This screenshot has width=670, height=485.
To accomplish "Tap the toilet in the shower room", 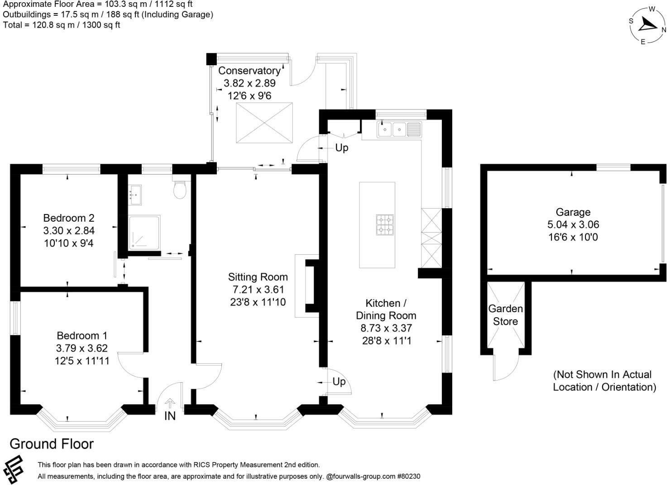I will [x=180, y=190].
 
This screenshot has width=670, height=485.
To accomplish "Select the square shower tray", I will [x=144, y=232].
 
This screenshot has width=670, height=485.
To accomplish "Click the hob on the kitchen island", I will [x=385, y=225].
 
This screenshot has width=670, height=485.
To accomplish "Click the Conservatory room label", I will [x=249, y=71].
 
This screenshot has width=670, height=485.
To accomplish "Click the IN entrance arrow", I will [x=170, y=404].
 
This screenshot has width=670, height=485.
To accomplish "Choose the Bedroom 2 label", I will [x=69, y=218].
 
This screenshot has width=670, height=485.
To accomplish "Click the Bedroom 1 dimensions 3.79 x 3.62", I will [x=82, y=348].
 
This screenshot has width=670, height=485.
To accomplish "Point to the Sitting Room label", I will [x=258, y=277].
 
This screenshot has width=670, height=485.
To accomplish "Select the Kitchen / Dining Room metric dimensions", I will [x=386, y=328].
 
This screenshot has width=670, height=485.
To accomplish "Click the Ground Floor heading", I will [x=52, y=444].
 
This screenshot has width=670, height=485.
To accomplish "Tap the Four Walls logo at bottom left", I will [x=14, y=469].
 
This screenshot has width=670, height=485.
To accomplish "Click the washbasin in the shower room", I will [x=135, y=194].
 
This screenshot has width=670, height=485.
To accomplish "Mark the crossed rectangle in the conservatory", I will [x=264, y=123].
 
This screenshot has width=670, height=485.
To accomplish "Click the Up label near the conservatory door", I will [x=341, y=148].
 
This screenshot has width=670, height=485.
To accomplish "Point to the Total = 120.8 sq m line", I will [x=62, y=25].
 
